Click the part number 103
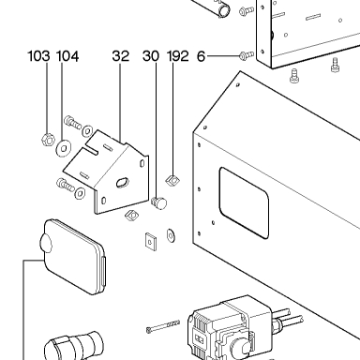38,56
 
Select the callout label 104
67,56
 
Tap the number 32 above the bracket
121,56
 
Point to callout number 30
151,56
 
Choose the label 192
178,56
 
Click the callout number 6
201,56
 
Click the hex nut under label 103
48,140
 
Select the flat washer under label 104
64,148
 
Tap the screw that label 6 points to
246,55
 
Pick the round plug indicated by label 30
159,202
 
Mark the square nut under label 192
172,180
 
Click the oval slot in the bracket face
122,182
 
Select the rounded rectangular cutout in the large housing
244,203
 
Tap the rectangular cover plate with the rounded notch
74,257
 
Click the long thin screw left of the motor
163,326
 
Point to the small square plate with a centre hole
151,242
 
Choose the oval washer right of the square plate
172,235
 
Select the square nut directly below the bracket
132,215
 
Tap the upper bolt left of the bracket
72,122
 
